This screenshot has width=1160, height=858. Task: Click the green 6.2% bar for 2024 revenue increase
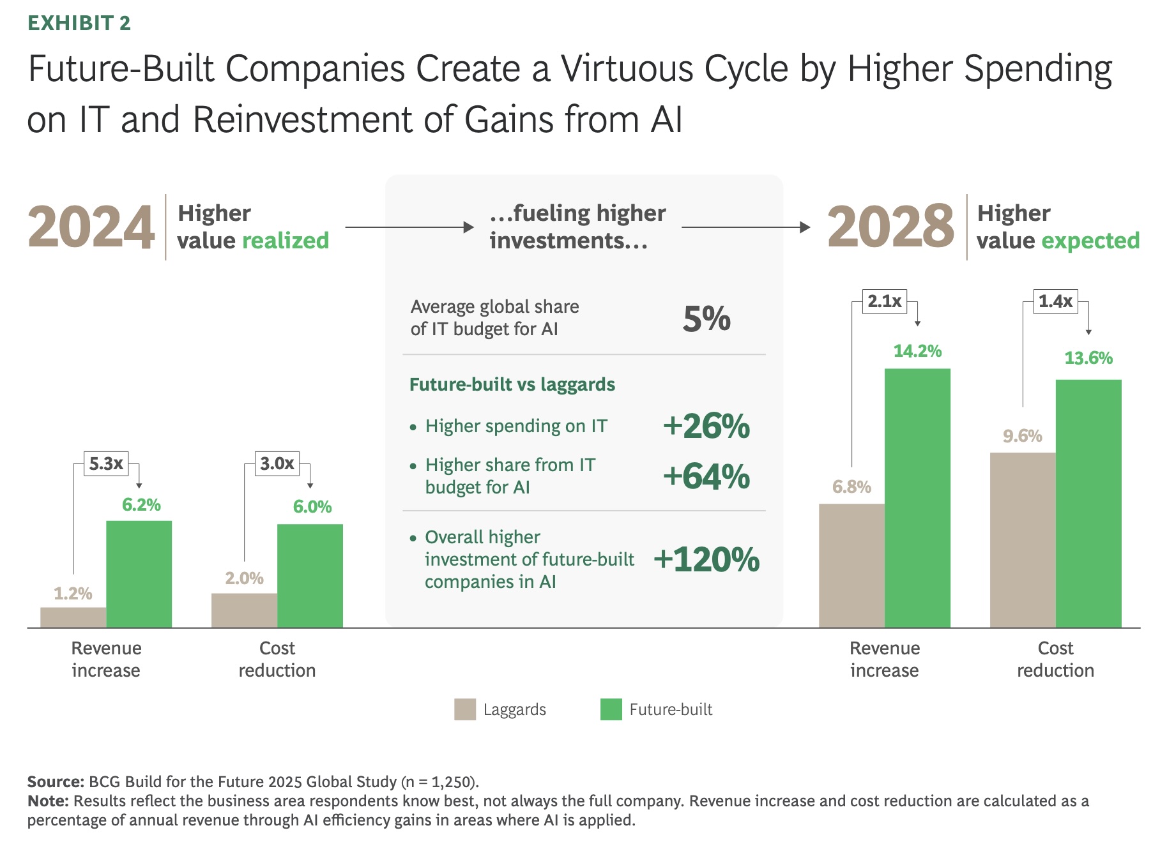[139, 574]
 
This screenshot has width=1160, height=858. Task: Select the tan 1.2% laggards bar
[73, 617]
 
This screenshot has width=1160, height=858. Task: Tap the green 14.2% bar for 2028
[917, 498]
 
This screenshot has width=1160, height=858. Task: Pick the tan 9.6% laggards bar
[1022, 540]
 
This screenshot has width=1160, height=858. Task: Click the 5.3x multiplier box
[106, 463]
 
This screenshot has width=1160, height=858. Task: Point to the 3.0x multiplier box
[277, 463]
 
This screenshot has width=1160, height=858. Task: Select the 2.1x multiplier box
[885, 301]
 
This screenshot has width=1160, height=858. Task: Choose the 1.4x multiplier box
[1055, 301]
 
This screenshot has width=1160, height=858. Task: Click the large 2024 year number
[91, 227]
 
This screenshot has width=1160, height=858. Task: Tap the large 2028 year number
[890, 227]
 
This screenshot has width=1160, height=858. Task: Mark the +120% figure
[706, 559]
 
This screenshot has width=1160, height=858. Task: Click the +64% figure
[706, 476]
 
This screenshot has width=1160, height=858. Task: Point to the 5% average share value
[706, 318]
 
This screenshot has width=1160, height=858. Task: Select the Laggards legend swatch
[465, 709]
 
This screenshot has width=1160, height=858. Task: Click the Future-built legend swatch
[611, 709]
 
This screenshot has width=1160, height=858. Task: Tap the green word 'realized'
[286, 241]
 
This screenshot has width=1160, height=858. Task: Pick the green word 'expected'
[1090, 241]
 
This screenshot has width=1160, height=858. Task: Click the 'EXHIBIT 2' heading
[79, 23]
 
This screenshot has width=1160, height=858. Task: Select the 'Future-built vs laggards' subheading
[512, 384]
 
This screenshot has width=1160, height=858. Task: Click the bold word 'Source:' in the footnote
[56, 781]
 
